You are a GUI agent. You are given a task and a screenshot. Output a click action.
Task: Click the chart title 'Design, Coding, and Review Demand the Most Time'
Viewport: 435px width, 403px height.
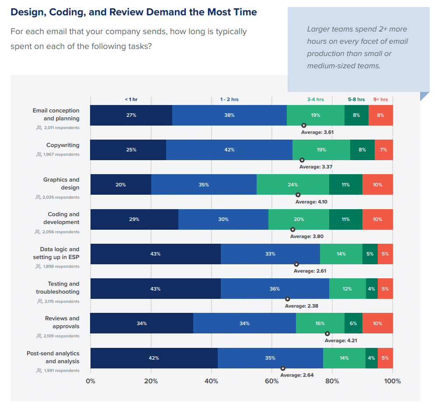tap(133, 12)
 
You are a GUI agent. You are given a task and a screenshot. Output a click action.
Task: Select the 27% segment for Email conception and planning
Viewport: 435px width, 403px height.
tap(131, 115)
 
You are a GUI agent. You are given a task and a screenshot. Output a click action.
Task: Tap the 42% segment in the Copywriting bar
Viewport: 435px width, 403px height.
tap(229, 150)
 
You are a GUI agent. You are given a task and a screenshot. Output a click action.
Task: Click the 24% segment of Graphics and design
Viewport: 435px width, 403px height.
tap(292, 185)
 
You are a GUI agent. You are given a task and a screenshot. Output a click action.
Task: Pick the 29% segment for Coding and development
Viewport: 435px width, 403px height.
tap(134, 219)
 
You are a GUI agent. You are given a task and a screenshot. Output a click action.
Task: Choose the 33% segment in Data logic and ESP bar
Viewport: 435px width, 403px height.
tap(270, 254)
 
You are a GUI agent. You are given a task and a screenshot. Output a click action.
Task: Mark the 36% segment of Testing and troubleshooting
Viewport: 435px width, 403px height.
tap(275, 289)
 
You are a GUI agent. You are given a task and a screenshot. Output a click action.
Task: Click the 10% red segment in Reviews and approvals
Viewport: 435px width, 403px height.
tap(377, 323)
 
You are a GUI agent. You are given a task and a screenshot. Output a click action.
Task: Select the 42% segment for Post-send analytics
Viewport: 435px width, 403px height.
tap(154, 358)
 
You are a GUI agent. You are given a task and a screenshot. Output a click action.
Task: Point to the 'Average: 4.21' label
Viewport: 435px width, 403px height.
tap(341, 340)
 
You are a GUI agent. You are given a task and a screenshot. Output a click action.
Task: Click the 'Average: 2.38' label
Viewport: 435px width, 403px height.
tap(301, 306)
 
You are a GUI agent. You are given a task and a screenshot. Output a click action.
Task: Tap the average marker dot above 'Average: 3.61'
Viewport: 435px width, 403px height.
tap(304, 125)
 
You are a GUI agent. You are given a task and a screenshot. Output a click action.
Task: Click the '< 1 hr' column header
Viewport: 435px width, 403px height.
tap(131, 99)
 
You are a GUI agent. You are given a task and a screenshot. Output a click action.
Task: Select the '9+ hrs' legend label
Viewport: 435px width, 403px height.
tap(380, 99)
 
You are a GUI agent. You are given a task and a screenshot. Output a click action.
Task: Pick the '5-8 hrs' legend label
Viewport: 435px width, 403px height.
tap(356, 99)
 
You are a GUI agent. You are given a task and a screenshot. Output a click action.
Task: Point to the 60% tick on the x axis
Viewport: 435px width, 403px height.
tap(271, 381)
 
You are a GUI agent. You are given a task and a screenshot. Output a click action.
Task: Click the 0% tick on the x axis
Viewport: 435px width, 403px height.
tap(90, 381)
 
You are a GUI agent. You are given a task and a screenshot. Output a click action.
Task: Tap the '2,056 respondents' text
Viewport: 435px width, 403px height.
tap(61, 232)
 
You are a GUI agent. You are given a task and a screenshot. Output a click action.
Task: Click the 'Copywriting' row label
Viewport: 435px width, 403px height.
tap(63, 145)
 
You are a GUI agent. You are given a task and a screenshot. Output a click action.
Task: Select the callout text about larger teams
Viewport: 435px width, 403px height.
tap(357, 47)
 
